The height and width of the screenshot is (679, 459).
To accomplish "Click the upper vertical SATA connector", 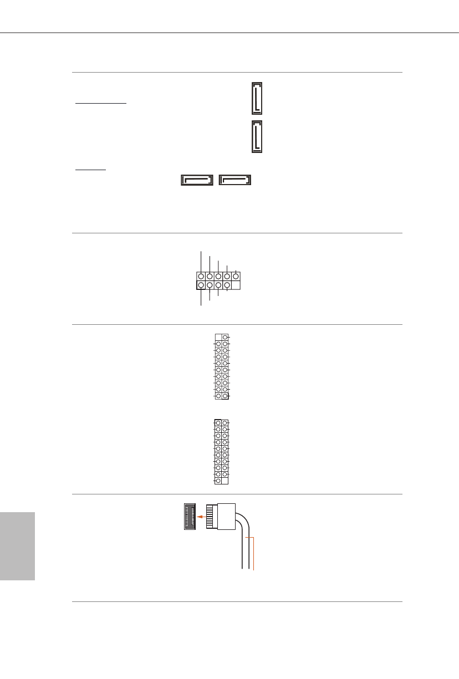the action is [257, 98].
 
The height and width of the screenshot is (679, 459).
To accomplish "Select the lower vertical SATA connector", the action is [257, 136].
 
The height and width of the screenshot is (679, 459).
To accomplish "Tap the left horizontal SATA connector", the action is [197, 180].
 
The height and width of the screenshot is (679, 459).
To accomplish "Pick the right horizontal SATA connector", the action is [235, 180].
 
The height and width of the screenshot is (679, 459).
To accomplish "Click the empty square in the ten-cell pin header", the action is [236, 285].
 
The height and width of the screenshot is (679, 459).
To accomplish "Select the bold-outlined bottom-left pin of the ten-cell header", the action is [201, 285].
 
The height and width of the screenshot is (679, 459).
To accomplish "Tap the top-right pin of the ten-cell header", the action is [236, 275].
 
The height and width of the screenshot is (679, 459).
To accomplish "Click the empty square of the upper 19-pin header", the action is [218, 337].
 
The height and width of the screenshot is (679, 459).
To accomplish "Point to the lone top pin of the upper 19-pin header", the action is [225, 337].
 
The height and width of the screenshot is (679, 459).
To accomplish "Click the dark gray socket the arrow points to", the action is [191, 516].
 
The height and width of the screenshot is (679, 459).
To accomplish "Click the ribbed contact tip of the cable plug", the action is [211, 516].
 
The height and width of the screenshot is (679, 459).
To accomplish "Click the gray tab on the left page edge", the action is [17, 546].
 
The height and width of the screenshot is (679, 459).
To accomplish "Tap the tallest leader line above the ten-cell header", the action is [201, 261].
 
